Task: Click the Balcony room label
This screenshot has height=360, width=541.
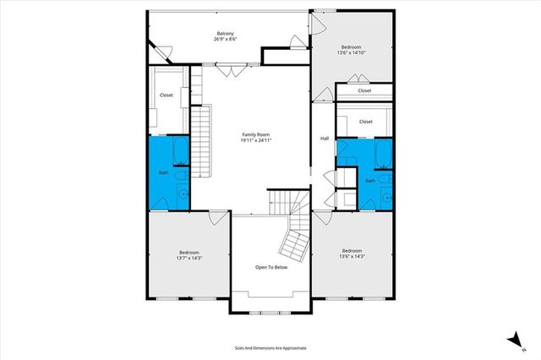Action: (x=226, y=32)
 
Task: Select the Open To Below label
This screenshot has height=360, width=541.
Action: (x=272, y=267)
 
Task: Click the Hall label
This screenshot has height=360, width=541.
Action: (x=324, y=139)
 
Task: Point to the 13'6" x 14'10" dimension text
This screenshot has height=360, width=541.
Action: (x=352, y=52)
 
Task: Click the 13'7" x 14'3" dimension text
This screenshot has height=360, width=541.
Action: (x=189, y=257)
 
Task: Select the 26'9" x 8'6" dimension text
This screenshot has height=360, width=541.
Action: (x=226, y=39)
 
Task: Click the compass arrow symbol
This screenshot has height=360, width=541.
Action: (x=512, y=338)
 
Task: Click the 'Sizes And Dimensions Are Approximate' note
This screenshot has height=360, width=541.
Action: (x=270, y=346)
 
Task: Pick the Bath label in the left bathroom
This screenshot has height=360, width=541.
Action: (x=164, y=173)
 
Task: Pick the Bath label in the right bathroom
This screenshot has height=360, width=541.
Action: (x=370, y=180)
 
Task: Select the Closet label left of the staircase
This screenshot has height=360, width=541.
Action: (x=166, y=95)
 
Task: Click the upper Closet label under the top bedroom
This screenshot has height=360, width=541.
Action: (x=364, y=90)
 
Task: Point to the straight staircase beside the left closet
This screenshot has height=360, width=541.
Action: (x=200, y=139)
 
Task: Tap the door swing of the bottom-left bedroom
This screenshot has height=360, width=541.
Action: (x=217, y=217)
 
